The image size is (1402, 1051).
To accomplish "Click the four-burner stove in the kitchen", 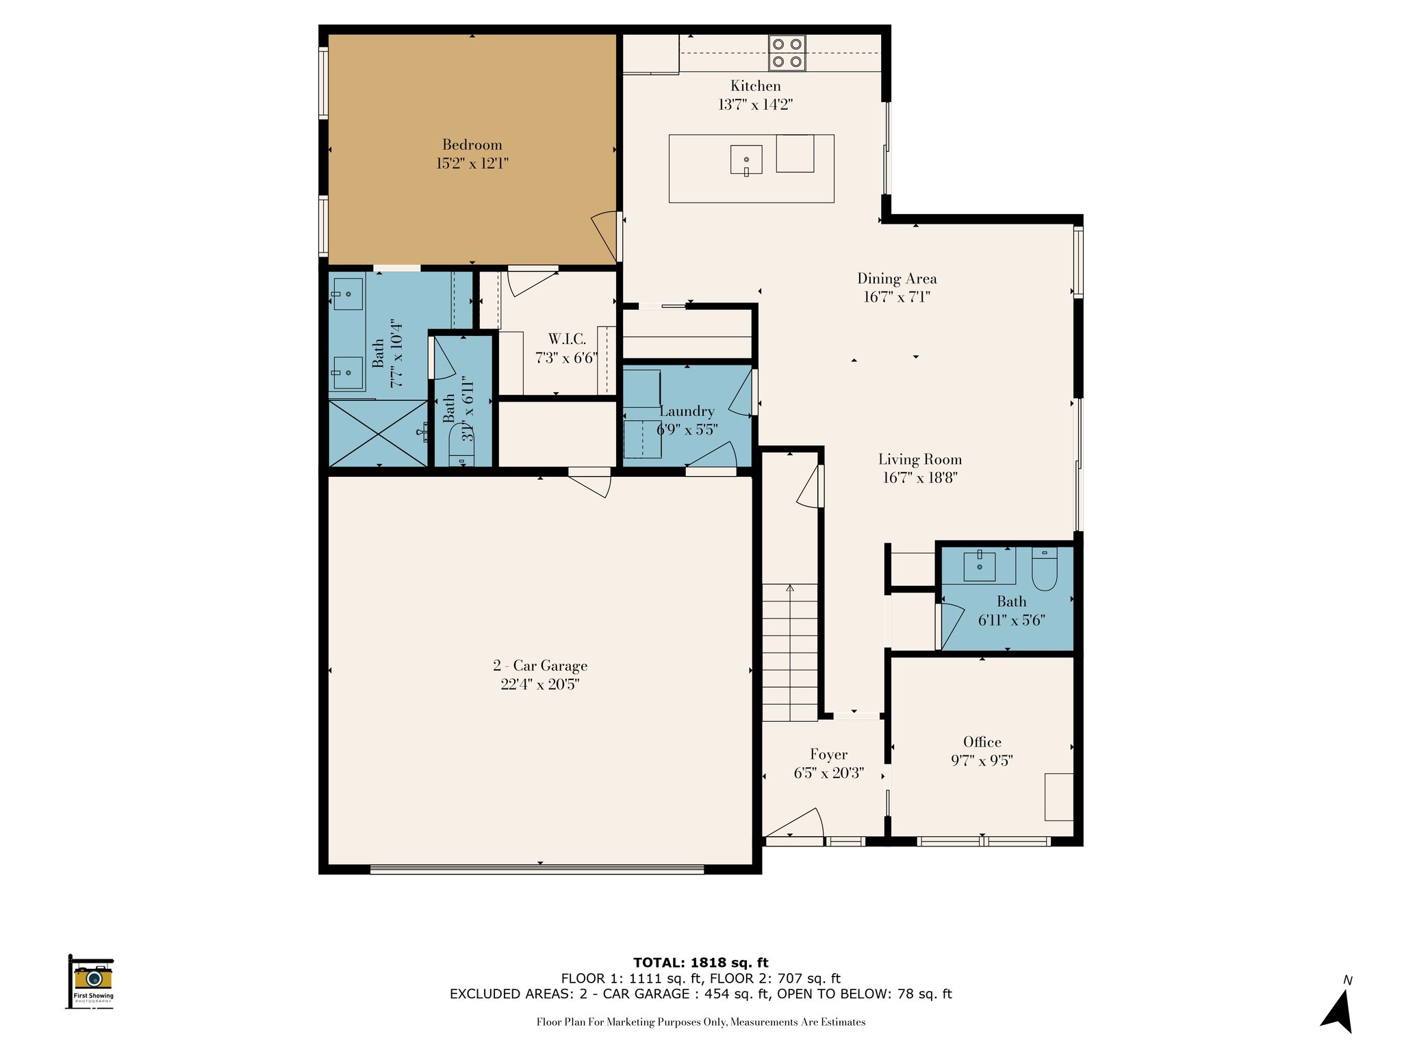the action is [787, 53].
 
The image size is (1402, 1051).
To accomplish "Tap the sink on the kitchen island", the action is [746, 160].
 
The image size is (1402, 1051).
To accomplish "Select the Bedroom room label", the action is [472, 145].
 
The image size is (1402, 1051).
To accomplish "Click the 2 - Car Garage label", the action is [540, 666].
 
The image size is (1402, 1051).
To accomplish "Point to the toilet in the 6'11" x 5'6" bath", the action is [1045, 569].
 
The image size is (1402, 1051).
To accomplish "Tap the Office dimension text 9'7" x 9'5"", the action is [982, 760].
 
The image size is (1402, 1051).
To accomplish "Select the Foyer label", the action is [828, 755].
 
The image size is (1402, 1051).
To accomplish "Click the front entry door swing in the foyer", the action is [794, 824].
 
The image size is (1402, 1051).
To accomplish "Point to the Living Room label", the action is [919, 460].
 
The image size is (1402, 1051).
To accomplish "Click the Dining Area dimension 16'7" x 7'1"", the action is [897, 297].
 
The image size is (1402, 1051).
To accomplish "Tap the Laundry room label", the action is [687, 411].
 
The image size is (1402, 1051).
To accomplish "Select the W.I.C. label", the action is [567, 339].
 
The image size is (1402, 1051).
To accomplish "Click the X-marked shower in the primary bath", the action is [377, 433].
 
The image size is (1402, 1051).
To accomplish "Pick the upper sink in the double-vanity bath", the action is [348, 294].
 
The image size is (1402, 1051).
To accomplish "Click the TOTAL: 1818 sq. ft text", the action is [701, 963].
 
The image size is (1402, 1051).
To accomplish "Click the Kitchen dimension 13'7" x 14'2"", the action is [755, 105].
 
